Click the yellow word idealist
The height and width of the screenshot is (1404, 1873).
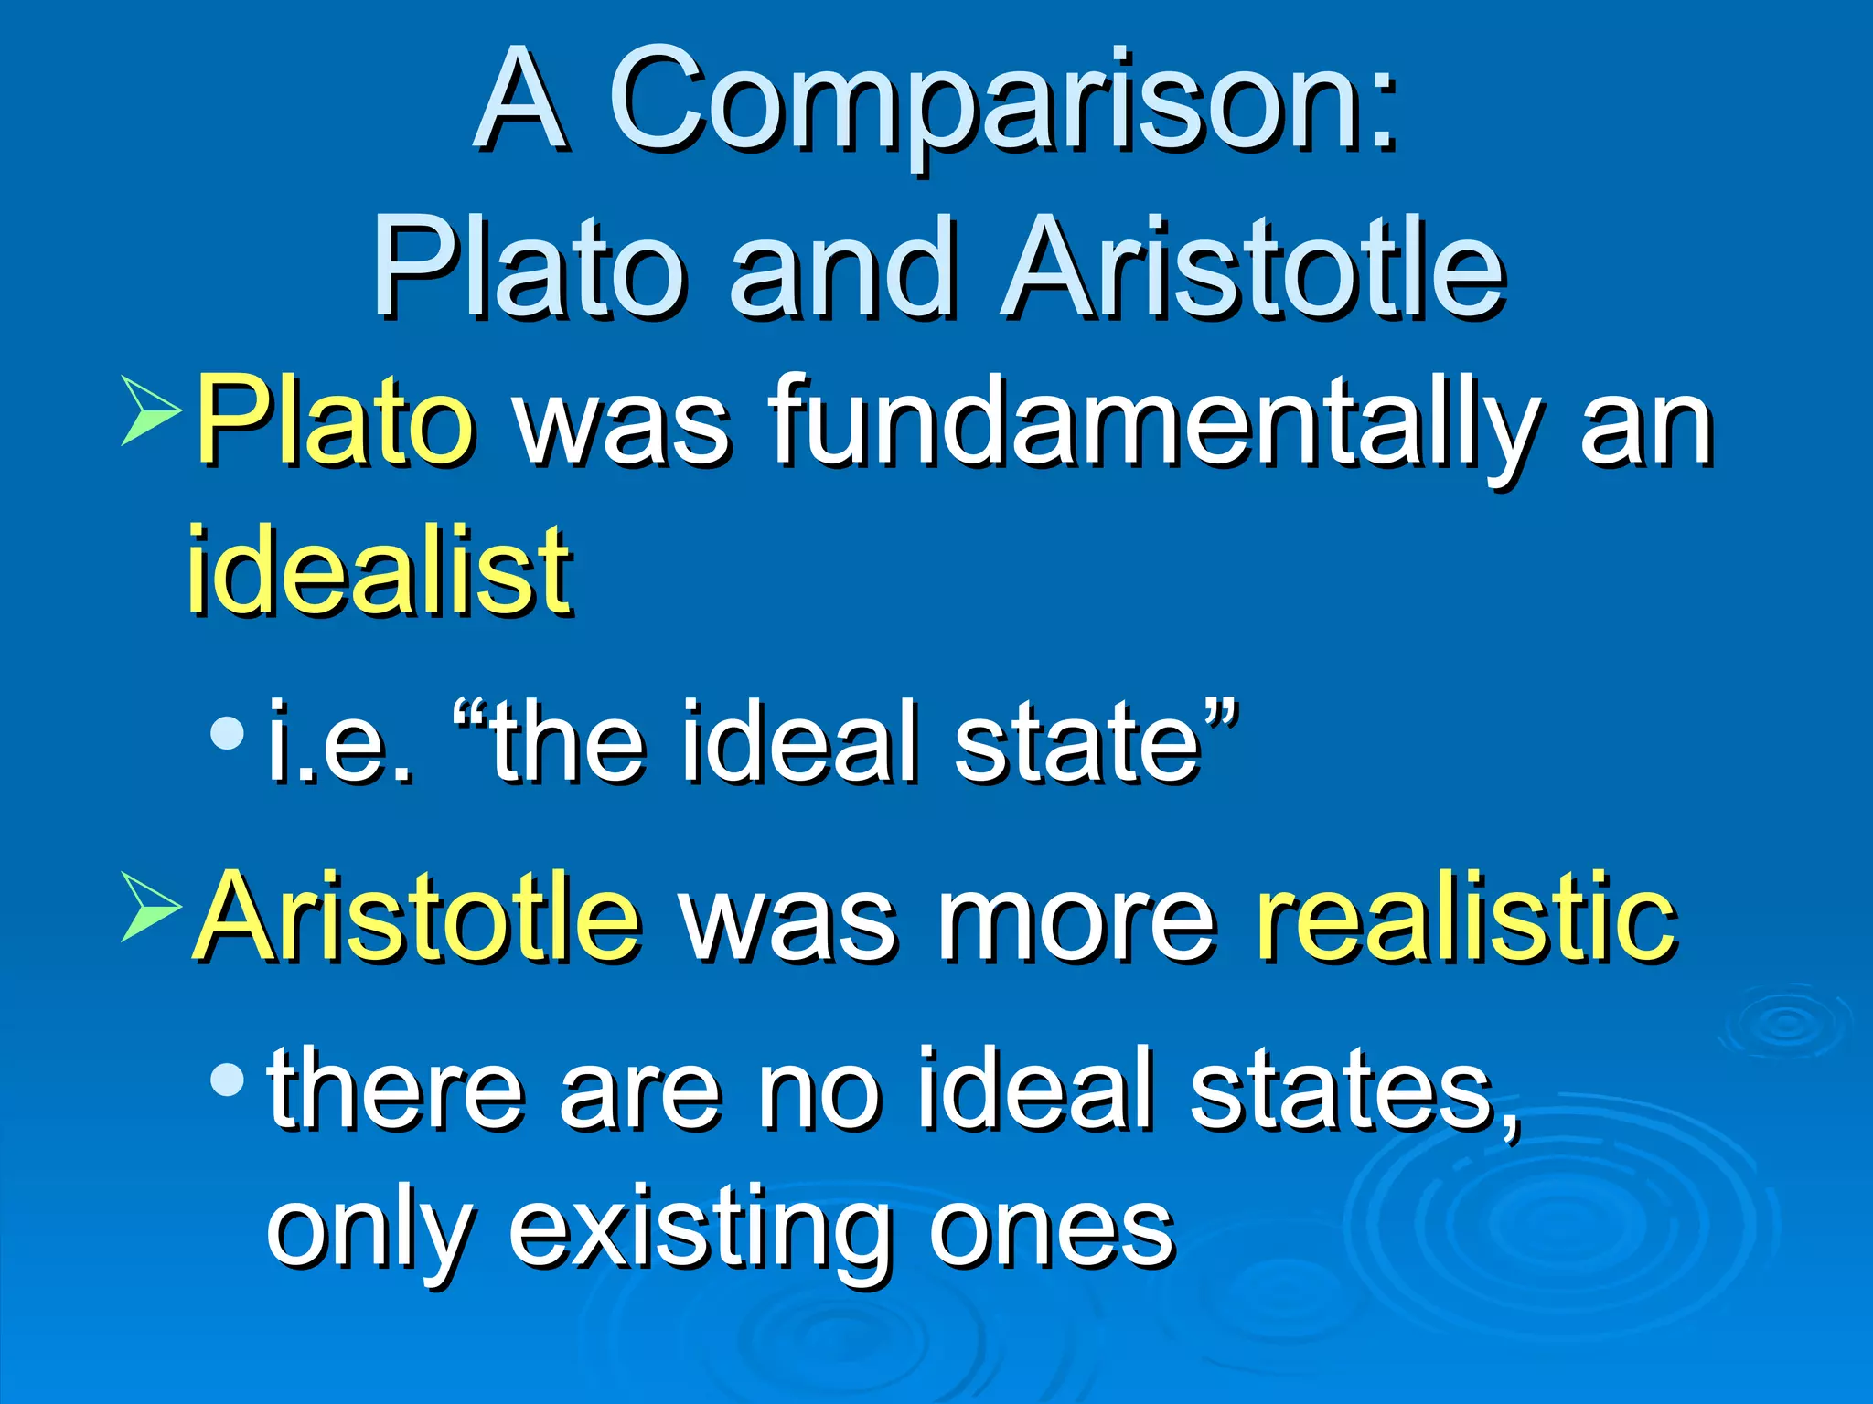coord(380,570)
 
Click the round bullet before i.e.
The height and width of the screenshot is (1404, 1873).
coord(227,732)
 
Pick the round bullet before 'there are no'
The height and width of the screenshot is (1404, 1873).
coord(227,1081)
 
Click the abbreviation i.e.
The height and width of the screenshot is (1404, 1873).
coord(339,742)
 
